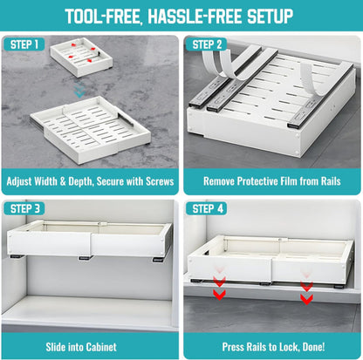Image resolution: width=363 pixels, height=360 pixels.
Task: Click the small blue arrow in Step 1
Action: coord(80,91)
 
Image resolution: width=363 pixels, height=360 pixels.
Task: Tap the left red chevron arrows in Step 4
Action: coord(219,288)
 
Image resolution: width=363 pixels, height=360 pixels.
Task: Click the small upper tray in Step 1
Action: coord(80,59)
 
